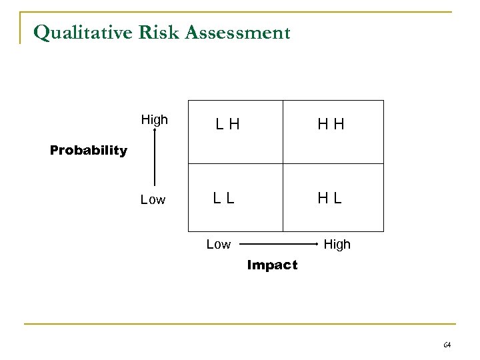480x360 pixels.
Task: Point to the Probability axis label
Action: [x=89, y=151]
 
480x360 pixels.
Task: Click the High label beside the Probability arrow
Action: [x=155, y=121]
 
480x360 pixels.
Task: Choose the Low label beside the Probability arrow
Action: [x=153, y=200]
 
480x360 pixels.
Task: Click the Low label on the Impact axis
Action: [x=219, y=245]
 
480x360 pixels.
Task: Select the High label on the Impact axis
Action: [x=337, y=245]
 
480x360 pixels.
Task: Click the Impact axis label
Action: [x=272, y=265]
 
